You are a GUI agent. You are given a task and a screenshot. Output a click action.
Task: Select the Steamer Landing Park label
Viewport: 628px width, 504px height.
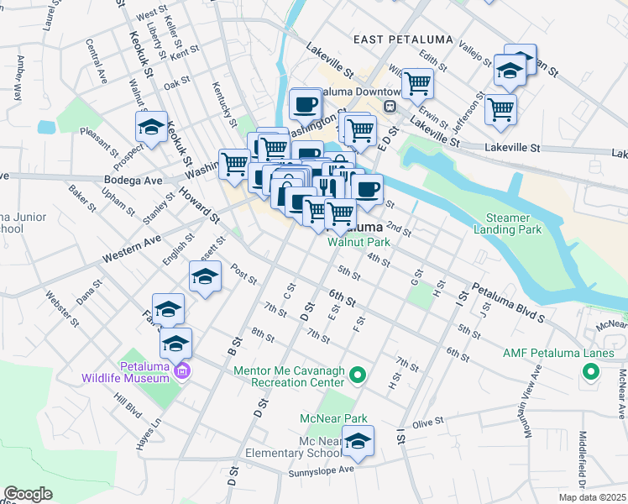[503, 223]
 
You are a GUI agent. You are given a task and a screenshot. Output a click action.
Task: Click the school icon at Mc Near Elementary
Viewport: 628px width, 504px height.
[358, 443]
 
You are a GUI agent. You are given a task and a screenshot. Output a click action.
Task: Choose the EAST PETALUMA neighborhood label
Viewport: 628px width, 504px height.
[403, 39]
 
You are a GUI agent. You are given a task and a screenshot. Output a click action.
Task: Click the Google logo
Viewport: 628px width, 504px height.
[28, 494]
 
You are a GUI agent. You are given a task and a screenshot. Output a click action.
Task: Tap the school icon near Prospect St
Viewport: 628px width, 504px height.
[151, 128]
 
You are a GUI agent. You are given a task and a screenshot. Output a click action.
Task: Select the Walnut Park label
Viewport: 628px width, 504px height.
[359, 242]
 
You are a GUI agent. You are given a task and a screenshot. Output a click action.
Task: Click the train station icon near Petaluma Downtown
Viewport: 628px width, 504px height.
[390, 107]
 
